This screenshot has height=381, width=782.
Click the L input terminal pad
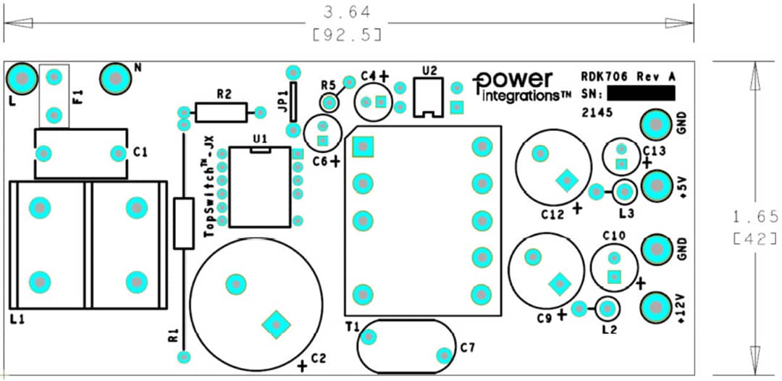click(22, 78)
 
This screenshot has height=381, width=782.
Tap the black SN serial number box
click(641, 93)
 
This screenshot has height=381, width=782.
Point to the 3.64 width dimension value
click(347, 12)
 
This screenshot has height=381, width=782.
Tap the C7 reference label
click(468, 348)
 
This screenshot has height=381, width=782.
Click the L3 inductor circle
click(624, 192)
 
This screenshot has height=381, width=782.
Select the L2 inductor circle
click(607, 309)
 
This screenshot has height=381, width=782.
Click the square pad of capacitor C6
click(323, 140)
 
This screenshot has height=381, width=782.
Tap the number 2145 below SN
click(597, 113)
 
